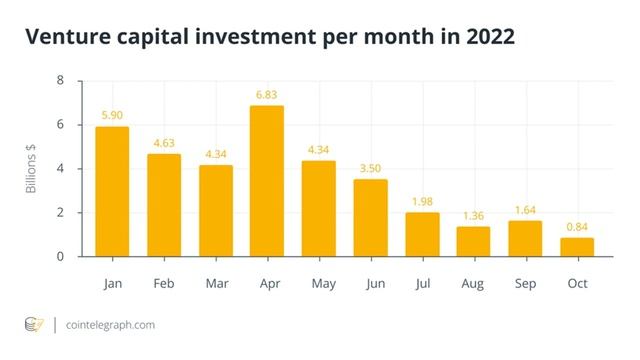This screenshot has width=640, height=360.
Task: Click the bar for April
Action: tap(267, 181)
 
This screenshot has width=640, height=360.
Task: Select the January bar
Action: tap(112, 191)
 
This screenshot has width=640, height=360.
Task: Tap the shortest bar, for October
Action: tap(577, 247)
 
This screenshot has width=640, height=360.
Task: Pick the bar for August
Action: tap(473, 241)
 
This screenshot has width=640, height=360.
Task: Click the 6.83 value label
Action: tap(267, 93)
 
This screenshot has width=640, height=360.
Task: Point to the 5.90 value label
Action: tap(112, 114)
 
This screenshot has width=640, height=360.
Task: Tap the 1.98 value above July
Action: tap(422, 200)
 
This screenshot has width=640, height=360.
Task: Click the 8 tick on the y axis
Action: tap(60, 81)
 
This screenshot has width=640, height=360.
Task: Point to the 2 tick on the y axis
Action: tap(60, 213)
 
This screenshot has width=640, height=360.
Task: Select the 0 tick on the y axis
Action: tap(60, 257)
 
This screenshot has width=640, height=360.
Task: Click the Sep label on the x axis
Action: tap(525, 283)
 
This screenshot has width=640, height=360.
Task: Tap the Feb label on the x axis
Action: tap(164, 283)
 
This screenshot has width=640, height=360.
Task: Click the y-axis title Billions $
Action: tap(32, 169)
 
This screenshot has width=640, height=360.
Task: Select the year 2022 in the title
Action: tap(484, 38)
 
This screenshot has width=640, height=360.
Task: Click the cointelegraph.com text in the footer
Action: tap(110, 325)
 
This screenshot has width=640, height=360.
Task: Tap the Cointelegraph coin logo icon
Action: tap(34, 324)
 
